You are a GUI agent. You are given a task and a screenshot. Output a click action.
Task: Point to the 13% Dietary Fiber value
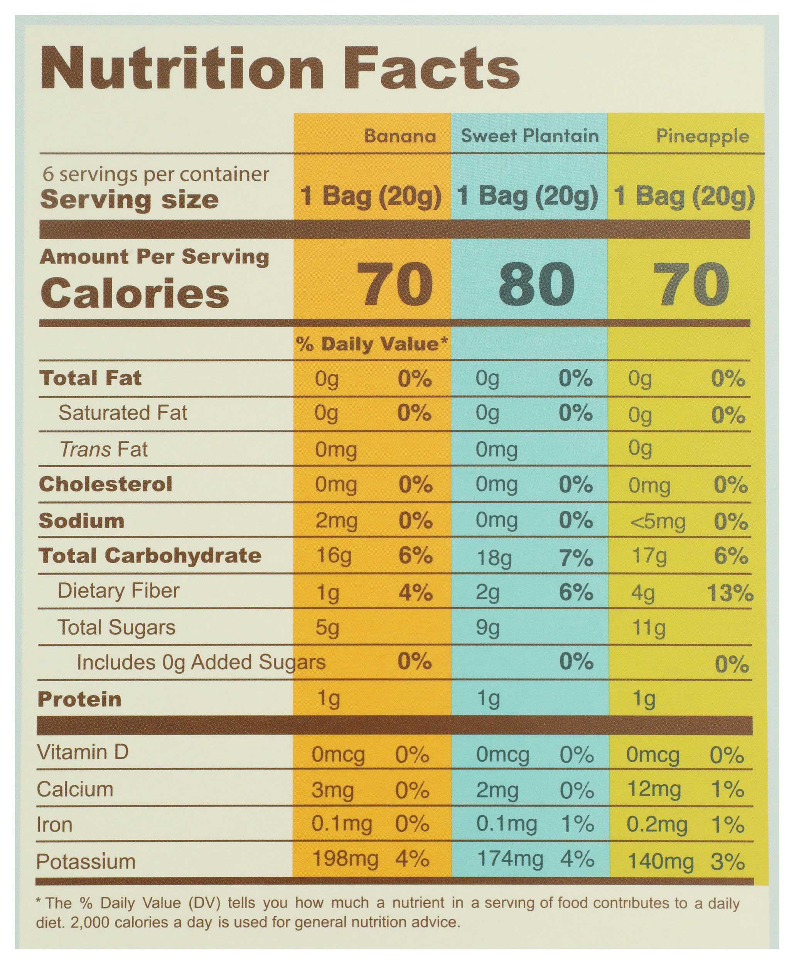click(x=730, y=593)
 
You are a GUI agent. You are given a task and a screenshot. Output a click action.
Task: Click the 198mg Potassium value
click(x=345, y=858)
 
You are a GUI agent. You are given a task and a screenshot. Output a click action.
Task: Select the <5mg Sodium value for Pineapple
click(x=657, y=522)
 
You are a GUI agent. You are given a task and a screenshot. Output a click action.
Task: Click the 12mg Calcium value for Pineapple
click(x=654, y=789)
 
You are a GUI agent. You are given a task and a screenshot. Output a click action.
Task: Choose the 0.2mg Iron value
click(x=656, y=824)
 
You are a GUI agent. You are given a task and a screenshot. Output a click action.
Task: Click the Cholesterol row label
click(x=106, y=484)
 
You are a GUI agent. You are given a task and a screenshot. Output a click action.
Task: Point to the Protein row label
click(x=79, y=699)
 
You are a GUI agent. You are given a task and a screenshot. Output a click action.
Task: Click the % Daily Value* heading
click(x=371, y=344)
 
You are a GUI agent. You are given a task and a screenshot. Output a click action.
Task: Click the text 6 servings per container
click(x=156, y=174)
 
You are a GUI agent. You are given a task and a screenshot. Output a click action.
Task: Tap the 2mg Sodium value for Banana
click(x=336, y=521)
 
